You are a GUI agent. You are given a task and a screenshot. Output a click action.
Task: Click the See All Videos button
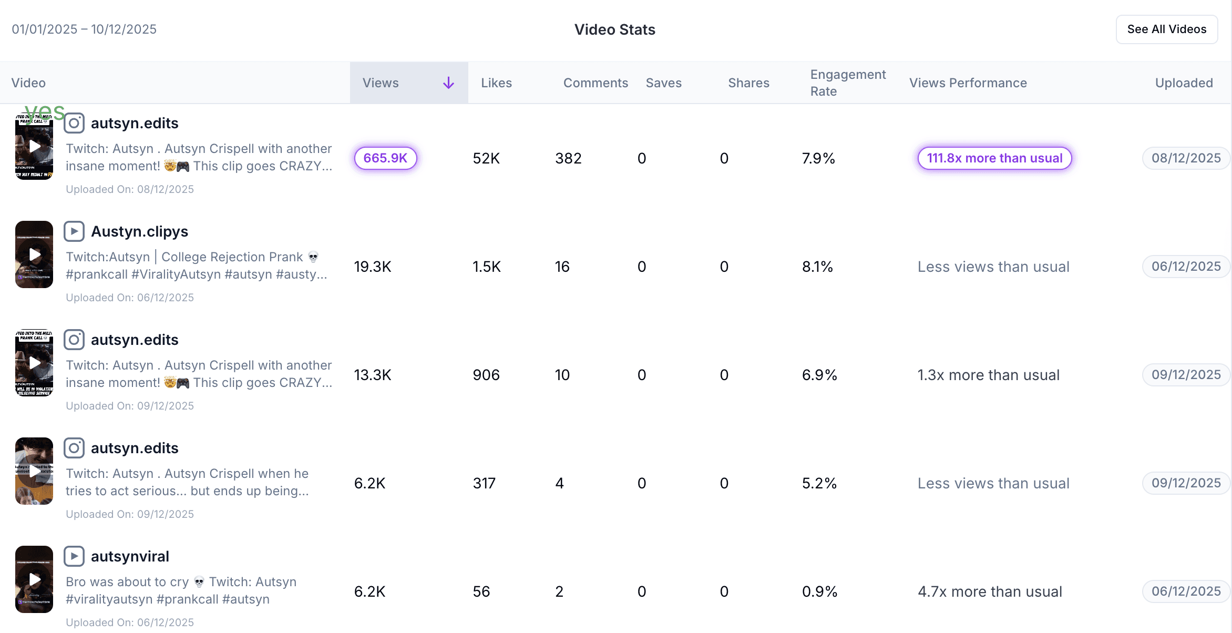click(x=1166, y=29)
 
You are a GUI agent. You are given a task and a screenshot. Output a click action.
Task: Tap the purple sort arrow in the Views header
click(x=448, y=83)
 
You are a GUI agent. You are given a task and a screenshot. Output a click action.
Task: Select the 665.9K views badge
click(x=385, y=158)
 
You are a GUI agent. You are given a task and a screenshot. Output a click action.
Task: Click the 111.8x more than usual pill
click(x=994, y=158)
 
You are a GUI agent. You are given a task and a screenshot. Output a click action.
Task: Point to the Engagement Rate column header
click(x=847, y=83)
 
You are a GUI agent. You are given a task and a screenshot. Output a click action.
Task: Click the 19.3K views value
click(x=373, y=267)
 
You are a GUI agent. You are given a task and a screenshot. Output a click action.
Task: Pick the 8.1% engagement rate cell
click(x=817, y=267)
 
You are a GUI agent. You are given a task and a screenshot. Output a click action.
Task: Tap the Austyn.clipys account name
click(x=139, y=231)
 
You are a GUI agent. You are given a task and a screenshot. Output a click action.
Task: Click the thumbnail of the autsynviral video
click(x=34, y=579)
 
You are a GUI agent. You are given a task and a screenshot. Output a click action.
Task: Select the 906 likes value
click(x=486, y=375)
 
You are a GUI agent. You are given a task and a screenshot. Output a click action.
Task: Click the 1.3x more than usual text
click(x=988, y=375)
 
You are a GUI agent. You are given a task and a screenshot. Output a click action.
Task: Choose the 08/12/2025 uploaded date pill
click(x=1186, y=158)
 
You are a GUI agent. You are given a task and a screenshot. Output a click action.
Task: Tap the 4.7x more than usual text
click(x=990, y=591)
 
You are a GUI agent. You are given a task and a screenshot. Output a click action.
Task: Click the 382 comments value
click(x=568, y=158)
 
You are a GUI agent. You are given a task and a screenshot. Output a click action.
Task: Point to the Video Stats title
click(x=614, y=29)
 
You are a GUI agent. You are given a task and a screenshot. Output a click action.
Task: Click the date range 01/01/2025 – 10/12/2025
click(x=84, y=29)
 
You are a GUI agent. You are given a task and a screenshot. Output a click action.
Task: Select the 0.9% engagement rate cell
click(x=819, y=591)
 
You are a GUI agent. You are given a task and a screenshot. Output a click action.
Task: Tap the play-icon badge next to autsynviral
click(x=74, y=556)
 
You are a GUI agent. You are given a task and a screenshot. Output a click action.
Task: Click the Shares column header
click(x=748, y=83)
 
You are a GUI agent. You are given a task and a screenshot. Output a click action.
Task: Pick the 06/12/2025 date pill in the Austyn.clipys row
click(x=1186, y=267)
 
